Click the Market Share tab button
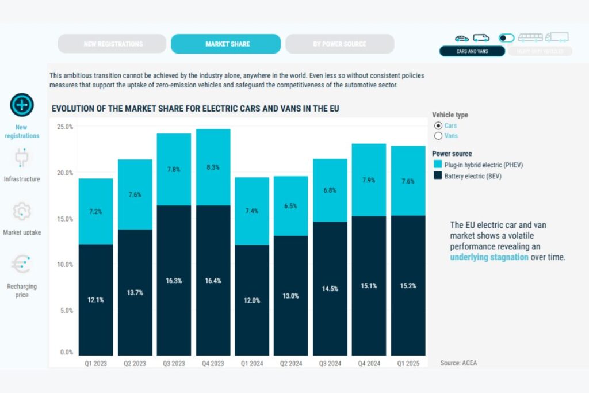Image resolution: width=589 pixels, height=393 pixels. pyautogui.click(x=225, y=44)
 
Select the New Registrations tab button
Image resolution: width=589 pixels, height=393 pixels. pyautogui.click(x=113, y=44)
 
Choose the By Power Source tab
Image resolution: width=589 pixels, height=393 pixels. pyautogui.click(x=339, y=44)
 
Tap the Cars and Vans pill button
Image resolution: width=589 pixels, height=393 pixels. pyautogui.click(x=472, y=51)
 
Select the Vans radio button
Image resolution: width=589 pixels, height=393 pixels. pyautogui.click(x=438, y=136)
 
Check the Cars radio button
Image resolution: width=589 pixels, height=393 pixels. pyautogui.click(x=438, y=125)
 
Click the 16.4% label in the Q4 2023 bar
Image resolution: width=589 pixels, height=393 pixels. pyautogui.click(x=213, y=281)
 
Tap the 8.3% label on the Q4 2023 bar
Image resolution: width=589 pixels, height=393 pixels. pyautogui.click(x=213, y=167)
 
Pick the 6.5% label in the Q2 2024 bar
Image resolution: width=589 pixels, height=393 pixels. pyautogui.click(x=291, y=206)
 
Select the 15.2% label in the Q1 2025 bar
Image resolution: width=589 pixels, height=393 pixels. pyautogui.click(x=408, y=285)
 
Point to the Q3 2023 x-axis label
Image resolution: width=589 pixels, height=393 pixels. pyautogui.click(x=174, y=363)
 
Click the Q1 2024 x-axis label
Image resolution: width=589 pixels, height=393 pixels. pyautogui.click(x=252, y=363)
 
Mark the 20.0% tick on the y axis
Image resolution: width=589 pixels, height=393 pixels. pyautogui.click(x=64, y=173)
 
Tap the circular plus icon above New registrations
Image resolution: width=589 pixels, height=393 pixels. pyautogui.click(x=22, y=105)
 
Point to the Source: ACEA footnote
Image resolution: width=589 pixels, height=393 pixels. pyautogui.click(x=458, y=363)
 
